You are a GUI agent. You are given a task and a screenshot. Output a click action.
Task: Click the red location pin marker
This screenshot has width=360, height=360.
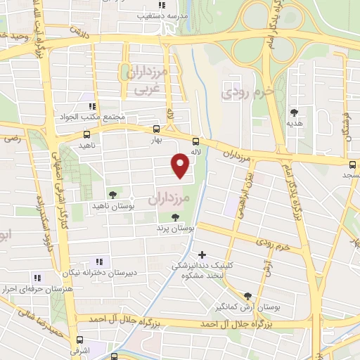tap(181, 165)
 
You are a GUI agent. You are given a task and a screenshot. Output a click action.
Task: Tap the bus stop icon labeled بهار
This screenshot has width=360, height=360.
tap(156, 129)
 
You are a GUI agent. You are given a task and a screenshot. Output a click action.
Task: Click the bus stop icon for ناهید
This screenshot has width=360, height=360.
tap(86, 134)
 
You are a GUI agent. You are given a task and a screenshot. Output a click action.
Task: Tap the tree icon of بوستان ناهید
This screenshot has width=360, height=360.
tap(112, 194)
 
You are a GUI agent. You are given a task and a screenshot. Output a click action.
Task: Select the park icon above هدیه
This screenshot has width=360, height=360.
tap(294, 112)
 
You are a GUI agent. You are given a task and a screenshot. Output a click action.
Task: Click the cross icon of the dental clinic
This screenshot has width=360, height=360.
tap(202, 255)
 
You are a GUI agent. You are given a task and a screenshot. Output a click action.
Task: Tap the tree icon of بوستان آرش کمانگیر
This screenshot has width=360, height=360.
tap(247, 297)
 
